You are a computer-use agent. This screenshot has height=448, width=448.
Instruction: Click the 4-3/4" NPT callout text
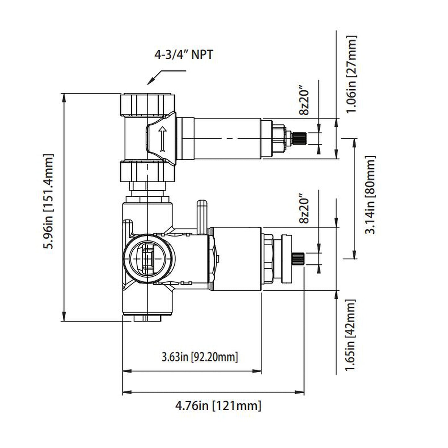tap(184, 55)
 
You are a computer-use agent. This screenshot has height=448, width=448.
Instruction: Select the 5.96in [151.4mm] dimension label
tap(49, 202)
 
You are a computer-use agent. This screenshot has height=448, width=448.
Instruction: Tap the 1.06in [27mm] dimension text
tap(352, 74)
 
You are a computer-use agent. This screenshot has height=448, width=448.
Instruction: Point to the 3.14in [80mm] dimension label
tap(370, 195)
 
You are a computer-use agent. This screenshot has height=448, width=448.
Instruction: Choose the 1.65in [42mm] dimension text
tap(351, 335)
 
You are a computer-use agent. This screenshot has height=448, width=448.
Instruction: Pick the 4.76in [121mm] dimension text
tap(218, 406)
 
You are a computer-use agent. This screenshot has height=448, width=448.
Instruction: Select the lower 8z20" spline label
tap(304, 210)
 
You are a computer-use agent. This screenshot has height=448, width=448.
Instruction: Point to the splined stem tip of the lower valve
tap(299, 259)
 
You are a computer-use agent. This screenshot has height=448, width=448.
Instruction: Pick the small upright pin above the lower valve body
tap(202, 216)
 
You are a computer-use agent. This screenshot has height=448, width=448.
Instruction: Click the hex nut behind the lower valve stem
tap(268, 259)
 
